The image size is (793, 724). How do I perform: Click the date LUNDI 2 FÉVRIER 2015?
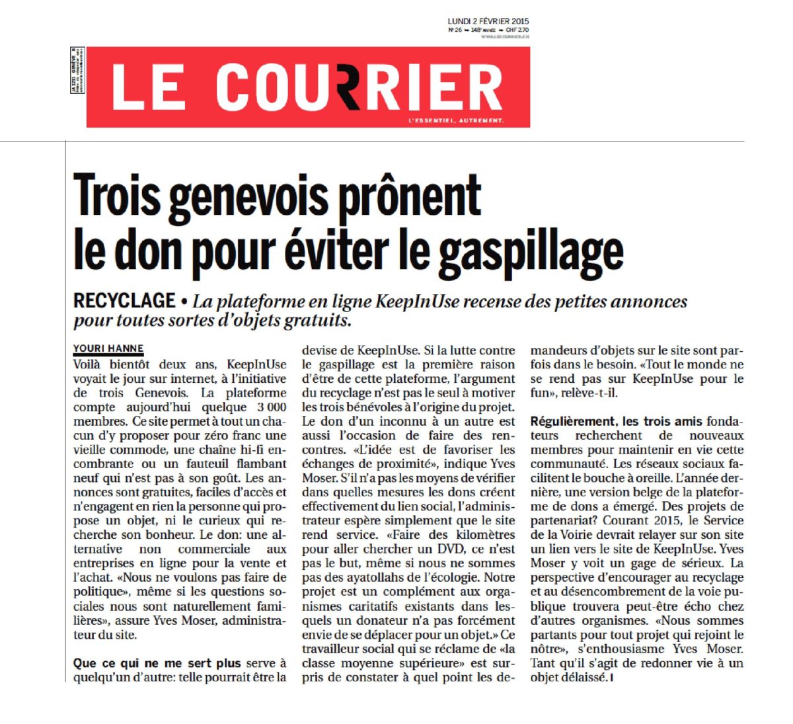click(488, 21)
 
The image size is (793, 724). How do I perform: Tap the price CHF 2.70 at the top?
click(517, 30)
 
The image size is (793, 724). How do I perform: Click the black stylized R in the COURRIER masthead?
click(361, 87)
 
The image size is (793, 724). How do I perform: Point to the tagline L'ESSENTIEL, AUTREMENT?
click(456, 120)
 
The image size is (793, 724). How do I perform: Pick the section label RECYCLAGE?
click(124, 302)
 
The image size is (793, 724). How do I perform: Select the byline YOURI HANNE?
click(108, 348)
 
